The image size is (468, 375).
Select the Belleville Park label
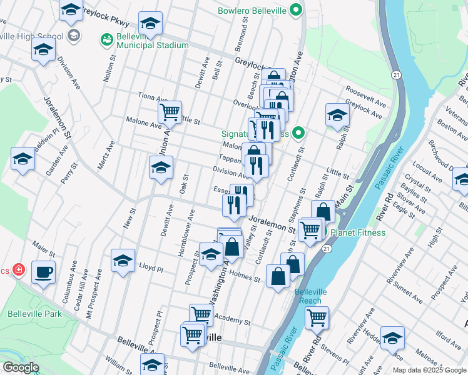(x=35, y=313)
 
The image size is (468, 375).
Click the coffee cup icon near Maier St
(x=43, y=272)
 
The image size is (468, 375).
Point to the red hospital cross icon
(x=19, y=270)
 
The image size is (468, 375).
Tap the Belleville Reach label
(x=307, y=296)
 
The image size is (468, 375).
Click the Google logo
(x=21, y=367)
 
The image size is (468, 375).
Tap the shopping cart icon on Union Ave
(x=170, y=113)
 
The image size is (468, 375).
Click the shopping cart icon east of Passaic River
(x=317, y=317)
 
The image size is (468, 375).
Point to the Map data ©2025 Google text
(x=429, y=369)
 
